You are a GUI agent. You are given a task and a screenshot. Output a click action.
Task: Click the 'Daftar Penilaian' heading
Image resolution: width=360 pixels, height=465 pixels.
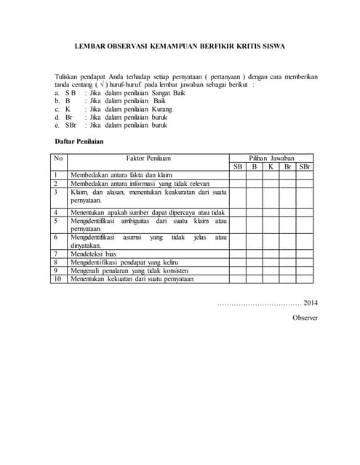pyautogui.click(x=79, y=141)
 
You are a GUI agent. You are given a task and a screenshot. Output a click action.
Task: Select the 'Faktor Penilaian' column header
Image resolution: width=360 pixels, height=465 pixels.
pyautogui.click(x=148, y=158)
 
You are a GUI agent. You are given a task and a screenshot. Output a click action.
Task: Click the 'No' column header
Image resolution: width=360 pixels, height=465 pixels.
pyautogui.click(x=59, y=158)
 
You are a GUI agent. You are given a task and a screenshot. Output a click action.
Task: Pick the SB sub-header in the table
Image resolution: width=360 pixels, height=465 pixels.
pyautogui.click(x=238, y=166)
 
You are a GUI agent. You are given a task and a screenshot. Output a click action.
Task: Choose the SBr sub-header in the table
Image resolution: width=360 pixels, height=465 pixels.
pyautogui.click(x=304, y=166)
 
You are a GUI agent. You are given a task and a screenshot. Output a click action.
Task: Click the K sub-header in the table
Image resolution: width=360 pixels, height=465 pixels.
pyautogui.click(x=271, y=166)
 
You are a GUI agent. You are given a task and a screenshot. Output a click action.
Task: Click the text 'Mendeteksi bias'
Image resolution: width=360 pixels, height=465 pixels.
pyautogui.click(x=93, y=254)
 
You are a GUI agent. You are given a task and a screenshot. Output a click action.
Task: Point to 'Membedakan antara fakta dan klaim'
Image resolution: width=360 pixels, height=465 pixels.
pyautogui.click(x=121, y=175)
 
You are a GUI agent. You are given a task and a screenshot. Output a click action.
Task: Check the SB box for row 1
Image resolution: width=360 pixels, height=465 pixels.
pyautogui.click(x=238, y=175)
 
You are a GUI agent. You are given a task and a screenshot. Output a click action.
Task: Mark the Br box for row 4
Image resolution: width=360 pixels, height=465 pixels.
pyautogui.click(x=287, y=212)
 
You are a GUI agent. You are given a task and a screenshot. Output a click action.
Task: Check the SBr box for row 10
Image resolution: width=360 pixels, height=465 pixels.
pyautogui.click(x=304, y=278)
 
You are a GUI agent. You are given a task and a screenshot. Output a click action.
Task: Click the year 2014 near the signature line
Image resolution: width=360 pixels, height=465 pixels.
pyautogui.click(x=311, y=303)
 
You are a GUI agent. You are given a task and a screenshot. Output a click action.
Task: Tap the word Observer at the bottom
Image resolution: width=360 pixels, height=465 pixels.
pyautogui.click(x=305, y=318)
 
